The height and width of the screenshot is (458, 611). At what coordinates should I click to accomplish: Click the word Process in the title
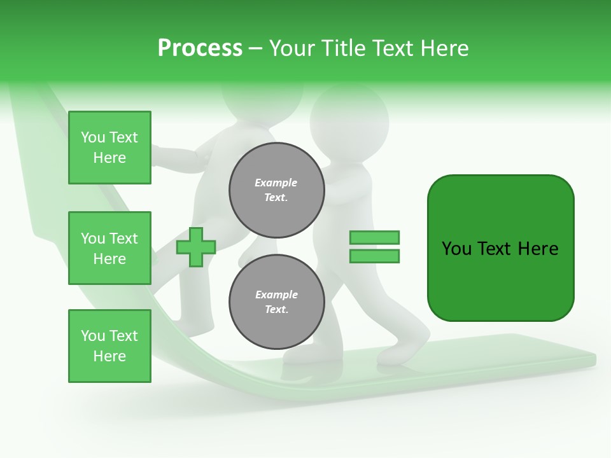(200, 48)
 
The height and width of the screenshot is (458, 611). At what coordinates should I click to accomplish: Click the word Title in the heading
(343, 48)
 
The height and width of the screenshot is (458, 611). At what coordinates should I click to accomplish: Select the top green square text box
(109, 148)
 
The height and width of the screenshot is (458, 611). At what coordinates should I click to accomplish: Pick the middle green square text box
(109, 248)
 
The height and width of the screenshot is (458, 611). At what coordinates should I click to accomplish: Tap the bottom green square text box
(109, 346)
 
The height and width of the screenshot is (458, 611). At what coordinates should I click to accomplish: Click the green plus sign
(196, 247)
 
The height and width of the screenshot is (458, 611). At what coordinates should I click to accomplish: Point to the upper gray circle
(277, 190)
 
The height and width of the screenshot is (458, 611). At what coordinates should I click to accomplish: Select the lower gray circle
(277, 302)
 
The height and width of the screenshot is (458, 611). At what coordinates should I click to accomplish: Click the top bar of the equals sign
(374, 237)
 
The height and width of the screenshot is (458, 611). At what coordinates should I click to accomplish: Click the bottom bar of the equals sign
(374, 256)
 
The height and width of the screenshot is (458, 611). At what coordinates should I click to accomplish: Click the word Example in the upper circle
(276, 183)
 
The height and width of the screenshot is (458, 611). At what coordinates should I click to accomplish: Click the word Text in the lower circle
(276, 310)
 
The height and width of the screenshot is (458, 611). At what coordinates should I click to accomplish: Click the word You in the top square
(93, 137)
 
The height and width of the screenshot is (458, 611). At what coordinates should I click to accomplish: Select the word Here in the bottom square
(109, 356)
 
